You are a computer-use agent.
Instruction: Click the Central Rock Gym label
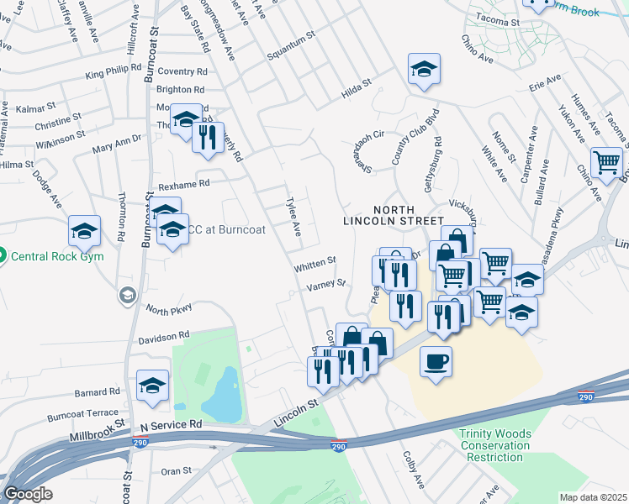(x=57, y=255)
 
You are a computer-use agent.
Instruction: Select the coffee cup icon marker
(x=436, y=362)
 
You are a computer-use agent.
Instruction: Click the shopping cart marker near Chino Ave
(x=606, y=162)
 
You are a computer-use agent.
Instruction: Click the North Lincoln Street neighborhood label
(x=391, y=214)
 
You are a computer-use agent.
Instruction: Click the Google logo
(x=28, y=494)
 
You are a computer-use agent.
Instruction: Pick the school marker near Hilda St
(x=425, y=70)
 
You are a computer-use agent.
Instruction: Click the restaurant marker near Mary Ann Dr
(x=208, y=137)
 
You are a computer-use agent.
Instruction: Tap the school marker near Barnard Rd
(x=152, y=386)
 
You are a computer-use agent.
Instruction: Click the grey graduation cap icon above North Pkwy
(x=127, y=295)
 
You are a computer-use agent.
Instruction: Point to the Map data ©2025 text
(x=592, y=497)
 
